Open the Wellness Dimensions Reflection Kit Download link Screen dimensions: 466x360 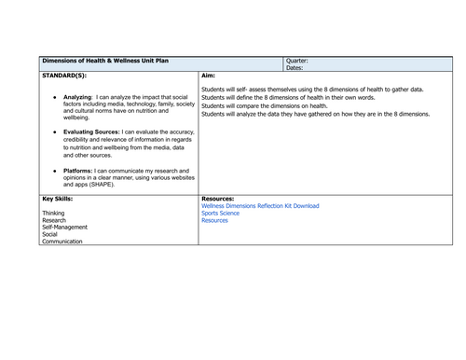tap(260, 206)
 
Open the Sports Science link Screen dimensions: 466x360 tap(220, 214)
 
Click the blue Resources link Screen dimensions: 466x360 tap(214, 221)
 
